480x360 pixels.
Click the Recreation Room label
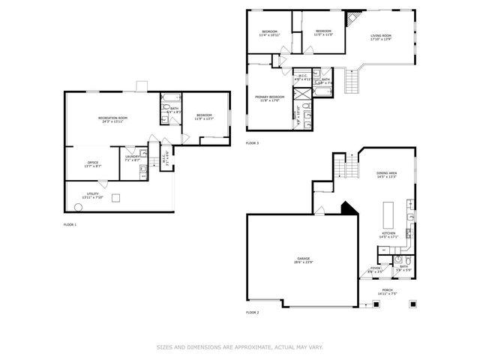pyautogui.click(x=113, y=119)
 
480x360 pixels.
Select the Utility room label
pyautogui.click(x=93, y=195)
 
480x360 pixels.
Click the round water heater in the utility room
pyautogui.click(x=78, y=206)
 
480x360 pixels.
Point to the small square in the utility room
pyautogui.click(x=115, y=198)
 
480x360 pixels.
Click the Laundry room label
pyautogui.click(x=132, y=157)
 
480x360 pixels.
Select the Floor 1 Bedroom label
pyautogui.click(x=203, y=116)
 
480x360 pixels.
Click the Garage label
pyautogui.click(x=304, y=261)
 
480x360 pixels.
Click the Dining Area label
pyautogui.click(x=386, y=175)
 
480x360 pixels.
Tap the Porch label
pyautogui.click(x=386, y=291)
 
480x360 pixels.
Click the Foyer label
pyautogui.click(x=375, y=268)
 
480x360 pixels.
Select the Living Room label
pyautogui.click(x=381, y=37)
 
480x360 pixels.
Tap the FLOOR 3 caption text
pyautogui.click(x=253, y=142)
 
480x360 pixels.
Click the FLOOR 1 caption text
pyautogui.click(x=70, y=224)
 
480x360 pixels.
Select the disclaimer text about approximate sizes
pyautogui.click(x=239, y=346)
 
